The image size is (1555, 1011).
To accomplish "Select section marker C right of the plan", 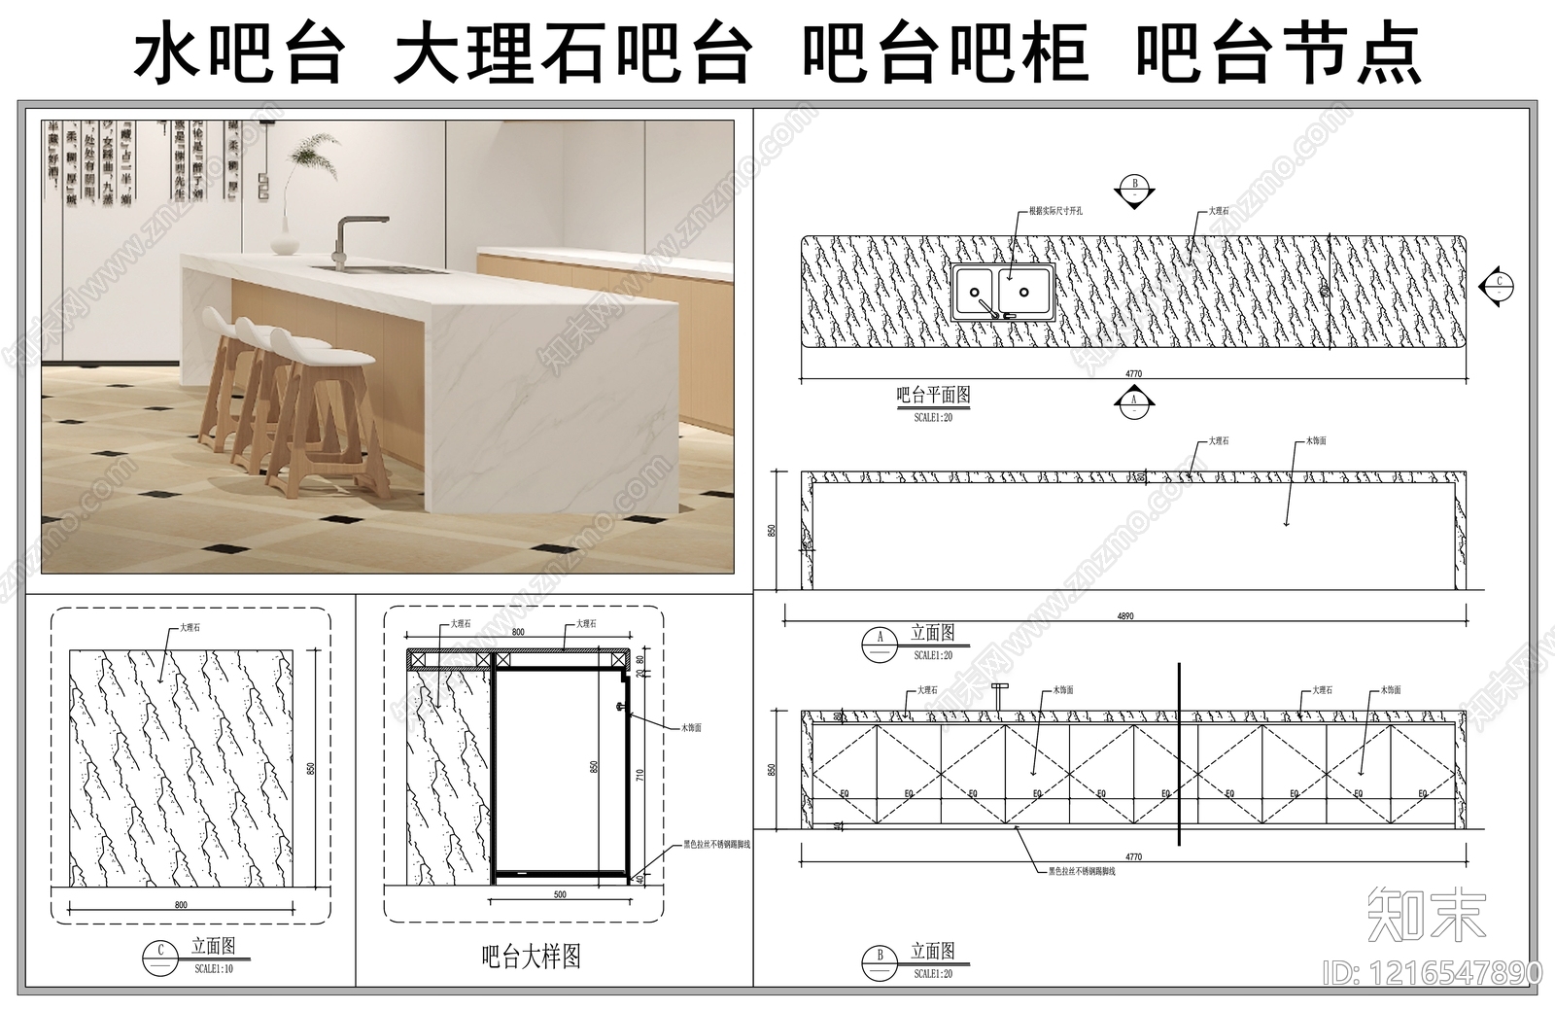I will click(1498, 285).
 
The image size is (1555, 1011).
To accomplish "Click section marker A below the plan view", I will click(1133, 403).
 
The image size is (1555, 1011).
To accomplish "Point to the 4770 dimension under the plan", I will click(1133, 374).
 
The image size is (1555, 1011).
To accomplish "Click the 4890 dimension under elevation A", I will click(1125, 616).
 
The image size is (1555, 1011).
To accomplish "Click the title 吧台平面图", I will click(932, 396).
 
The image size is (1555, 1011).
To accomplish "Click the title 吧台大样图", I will click(532, 957).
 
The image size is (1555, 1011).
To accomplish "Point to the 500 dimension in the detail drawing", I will click(560, 894).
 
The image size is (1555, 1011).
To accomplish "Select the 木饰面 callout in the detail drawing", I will click(690, 726).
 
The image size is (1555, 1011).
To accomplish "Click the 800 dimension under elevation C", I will click(181, 905).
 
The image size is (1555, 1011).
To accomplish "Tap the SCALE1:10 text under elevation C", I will click(213, 969).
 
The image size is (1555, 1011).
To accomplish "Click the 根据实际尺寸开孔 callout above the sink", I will click(1055, 210).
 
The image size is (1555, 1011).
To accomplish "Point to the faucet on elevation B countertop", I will click(996, 696).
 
